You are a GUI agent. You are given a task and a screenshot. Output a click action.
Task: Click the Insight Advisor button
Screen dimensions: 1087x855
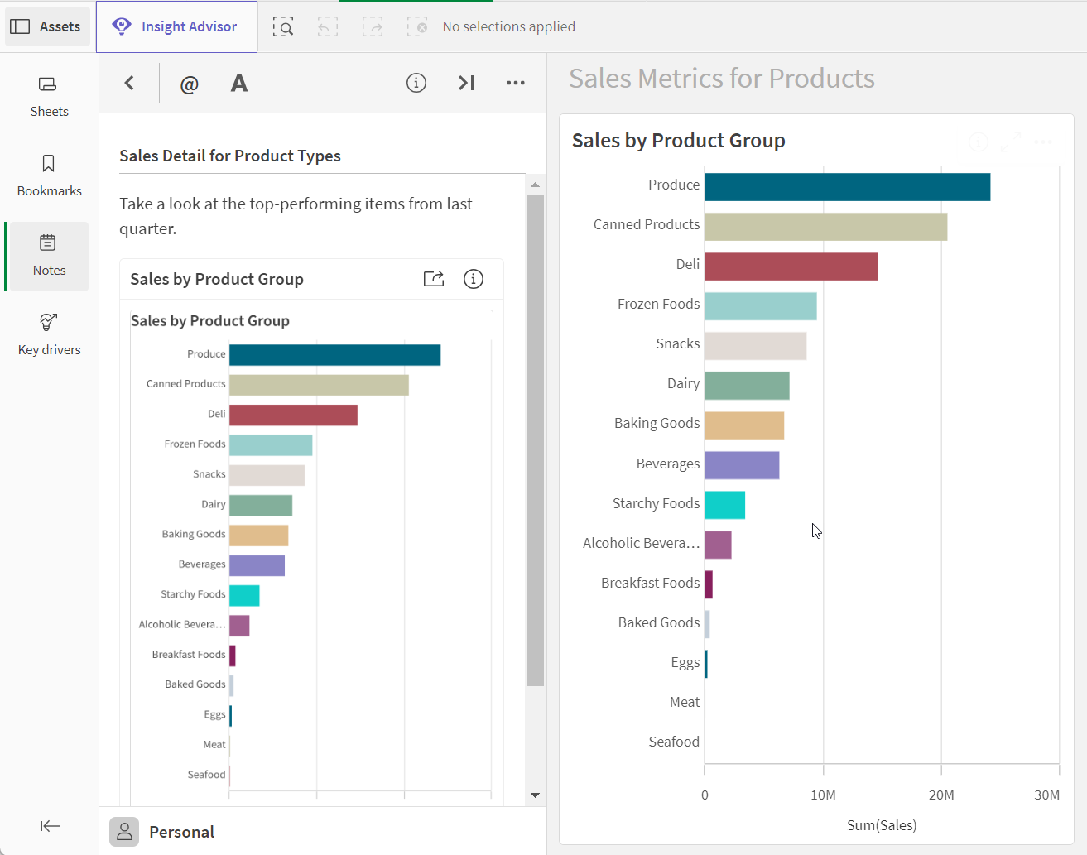[176, 26]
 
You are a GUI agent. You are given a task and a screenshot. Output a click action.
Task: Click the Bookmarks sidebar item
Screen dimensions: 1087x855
[49, 176]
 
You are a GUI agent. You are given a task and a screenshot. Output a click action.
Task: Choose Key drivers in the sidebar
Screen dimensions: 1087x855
[49, 335]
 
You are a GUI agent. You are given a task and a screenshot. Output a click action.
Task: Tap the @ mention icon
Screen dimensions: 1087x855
[189, 84]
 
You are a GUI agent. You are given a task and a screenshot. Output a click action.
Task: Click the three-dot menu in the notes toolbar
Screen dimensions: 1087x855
[516, 83]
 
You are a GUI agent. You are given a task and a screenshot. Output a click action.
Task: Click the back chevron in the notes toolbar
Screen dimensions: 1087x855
[129, 83]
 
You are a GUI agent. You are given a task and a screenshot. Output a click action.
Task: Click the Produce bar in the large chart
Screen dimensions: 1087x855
[847, 187]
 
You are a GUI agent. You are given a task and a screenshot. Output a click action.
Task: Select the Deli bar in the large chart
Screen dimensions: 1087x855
[791, 267]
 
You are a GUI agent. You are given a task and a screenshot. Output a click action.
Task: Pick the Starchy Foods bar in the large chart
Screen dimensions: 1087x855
[724, 505]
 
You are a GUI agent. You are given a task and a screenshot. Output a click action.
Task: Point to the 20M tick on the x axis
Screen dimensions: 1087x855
[941, 795]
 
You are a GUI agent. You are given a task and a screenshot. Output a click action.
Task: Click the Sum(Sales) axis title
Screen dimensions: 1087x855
[882, 825]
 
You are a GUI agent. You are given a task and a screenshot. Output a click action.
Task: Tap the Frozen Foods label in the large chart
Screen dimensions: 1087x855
[658, 304]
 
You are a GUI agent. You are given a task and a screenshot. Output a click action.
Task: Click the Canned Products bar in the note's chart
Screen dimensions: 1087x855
[319, 386]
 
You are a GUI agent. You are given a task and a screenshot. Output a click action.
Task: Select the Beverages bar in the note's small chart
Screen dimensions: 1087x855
[257, 565]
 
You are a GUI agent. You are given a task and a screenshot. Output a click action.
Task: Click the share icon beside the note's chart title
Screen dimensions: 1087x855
[433, 279]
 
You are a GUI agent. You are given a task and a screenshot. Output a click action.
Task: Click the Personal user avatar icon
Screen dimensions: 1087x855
[123, 831]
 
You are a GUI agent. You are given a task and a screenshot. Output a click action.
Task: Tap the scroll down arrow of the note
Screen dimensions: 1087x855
[535, 795]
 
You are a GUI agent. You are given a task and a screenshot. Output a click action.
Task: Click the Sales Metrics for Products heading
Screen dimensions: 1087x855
[722, 79]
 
